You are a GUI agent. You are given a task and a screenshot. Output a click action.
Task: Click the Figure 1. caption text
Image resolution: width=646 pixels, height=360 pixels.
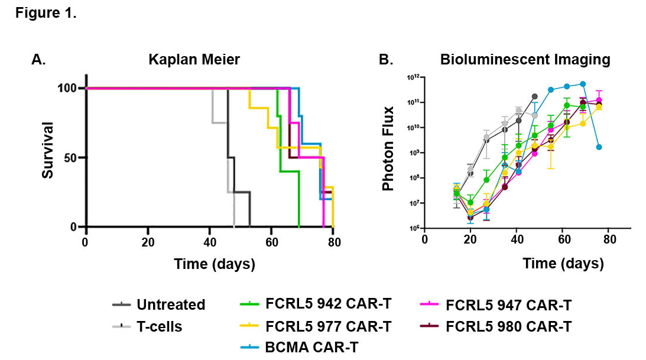pos(46,14)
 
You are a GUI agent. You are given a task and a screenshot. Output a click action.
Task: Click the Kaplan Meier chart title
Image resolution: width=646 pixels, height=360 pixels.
pos(194,60)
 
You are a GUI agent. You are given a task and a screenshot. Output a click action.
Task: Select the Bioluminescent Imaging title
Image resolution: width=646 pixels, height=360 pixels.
pos(525,60)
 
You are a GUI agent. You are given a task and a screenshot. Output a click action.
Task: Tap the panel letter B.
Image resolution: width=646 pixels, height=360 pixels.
pos(385,60)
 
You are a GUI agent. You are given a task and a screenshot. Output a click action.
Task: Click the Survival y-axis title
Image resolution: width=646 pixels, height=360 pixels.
pos(49,150)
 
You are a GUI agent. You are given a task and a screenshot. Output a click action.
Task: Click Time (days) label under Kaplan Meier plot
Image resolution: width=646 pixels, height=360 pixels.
pos(214,264)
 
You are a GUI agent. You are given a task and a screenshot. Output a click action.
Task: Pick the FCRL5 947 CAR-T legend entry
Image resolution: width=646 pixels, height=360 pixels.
pos(508,305)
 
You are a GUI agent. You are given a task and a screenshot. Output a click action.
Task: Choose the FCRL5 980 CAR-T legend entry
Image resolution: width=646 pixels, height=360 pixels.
pos(508,326)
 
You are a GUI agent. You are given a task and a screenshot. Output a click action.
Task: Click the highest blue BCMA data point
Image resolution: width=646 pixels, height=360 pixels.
pos(583,84)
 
